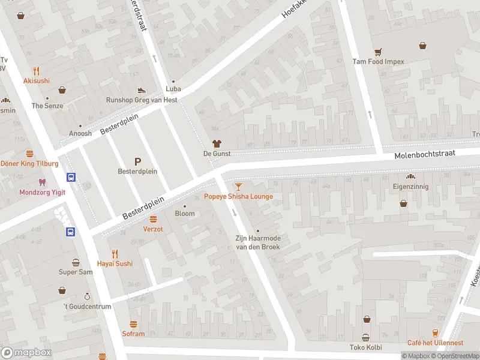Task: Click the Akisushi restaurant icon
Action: (36, 70)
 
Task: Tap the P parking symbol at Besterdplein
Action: (137, 161)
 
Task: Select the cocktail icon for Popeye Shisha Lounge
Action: (238, 187)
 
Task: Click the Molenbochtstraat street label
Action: (425, 155)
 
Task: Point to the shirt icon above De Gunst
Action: (217, 143)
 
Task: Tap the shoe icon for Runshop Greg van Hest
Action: (141, 90)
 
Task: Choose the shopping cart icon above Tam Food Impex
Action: (378, 52)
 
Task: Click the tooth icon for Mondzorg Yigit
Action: (41, 182)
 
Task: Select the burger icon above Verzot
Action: (153, 219)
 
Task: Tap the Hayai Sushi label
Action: (115, 263)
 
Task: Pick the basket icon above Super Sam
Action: (76, 262)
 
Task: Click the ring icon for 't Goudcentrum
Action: (87, 296)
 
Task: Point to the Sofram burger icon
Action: (133, 324)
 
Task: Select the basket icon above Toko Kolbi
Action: (365, 337)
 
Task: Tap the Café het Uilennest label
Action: (435, 343)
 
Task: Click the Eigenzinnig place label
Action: (411, 187)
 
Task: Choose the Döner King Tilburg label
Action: (29, 164)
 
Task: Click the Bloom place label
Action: (185, 214)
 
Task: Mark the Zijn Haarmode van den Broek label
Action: (257, 242)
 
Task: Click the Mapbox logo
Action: (26, 353)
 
